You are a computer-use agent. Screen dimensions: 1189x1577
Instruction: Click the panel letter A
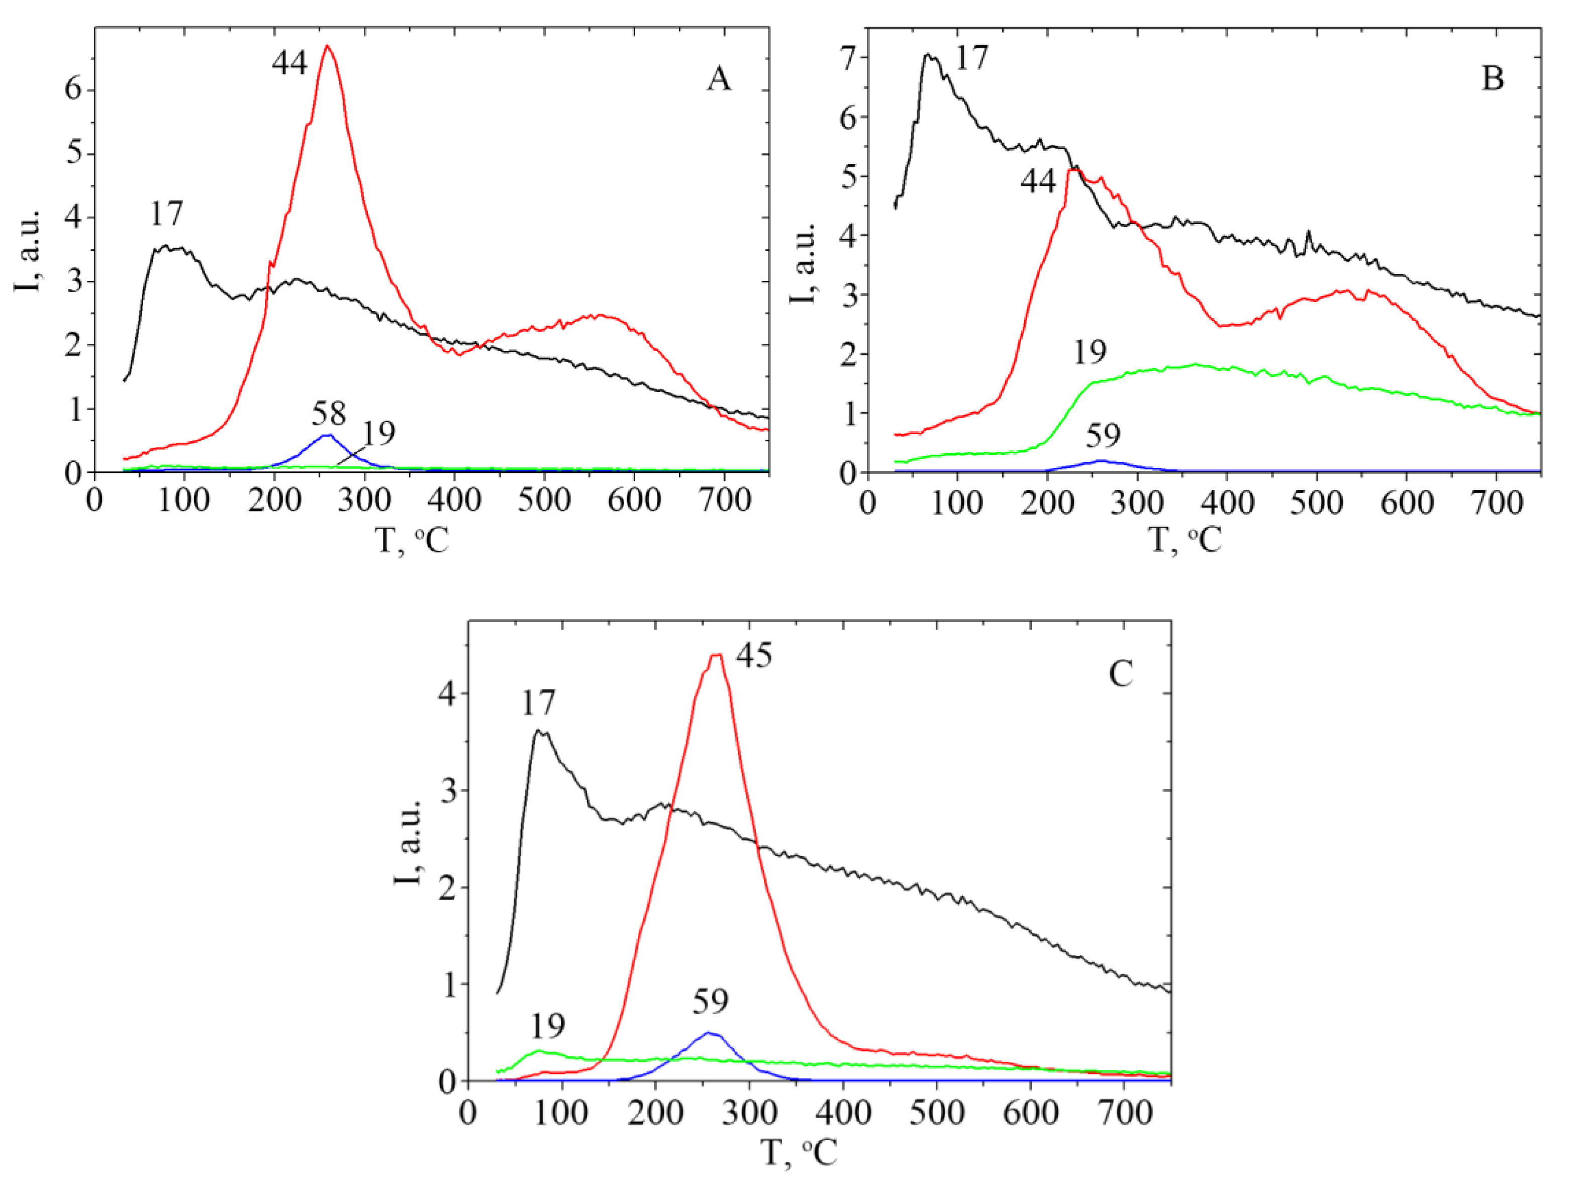click(x=719, y=78)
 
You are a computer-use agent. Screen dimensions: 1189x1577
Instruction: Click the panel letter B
click(x=1492, y=78)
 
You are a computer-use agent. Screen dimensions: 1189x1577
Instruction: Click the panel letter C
click(x=1121, y=673)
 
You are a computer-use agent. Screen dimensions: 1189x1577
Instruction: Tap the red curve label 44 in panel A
click(x=289, y=63)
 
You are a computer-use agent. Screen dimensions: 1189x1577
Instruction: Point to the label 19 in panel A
click(x=378, y=433)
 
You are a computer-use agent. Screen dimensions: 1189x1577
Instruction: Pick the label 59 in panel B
click(x=1103, y=435)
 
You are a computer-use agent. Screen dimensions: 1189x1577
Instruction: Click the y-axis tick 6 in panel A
click(x=73, y=90)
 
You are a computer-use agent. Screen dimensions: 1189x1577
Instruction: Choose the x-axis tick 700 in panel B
click(x=1497, y=503)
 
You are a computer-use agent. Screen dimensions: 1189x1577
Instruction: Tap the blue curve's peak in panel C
click(x=709, y=1032)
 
